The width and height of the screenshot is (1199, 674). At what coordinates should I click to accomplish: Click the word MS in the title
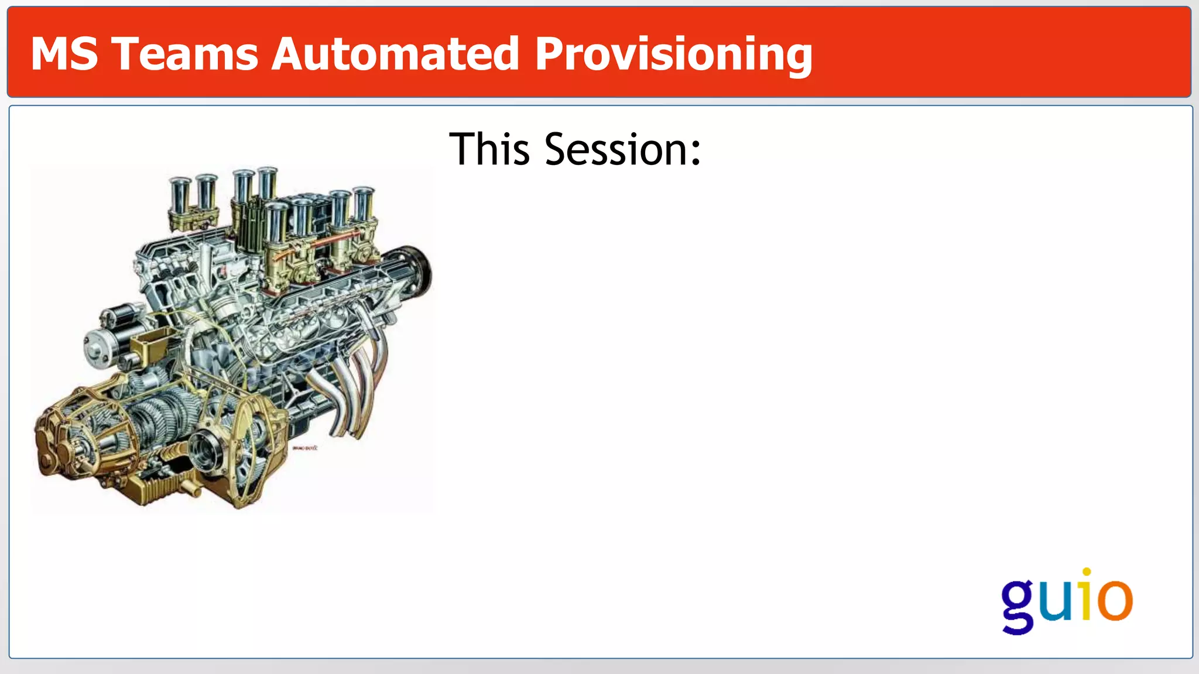tap(64, 54)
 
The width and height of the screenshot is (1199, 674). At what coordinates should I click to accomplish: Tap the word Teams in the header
tap(185, 54)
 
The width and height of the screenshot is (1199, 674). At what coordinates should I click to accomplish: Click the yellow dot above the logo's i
tap(1087, 572)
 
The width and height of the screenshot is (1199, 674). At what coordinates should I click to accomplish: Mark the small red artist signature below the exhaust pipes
tap(304, 448)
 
